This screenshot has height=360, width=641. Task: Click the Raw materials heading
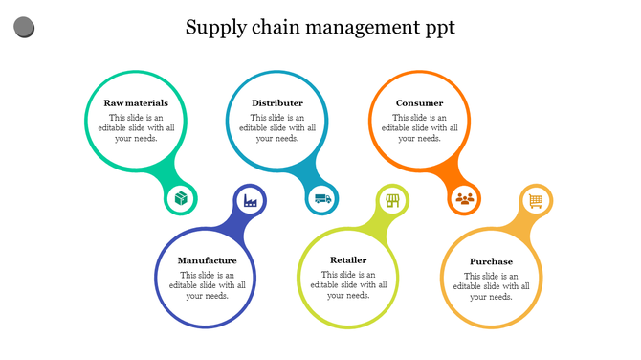[136, 103]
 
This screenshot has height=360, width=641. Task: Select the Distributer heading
[277, 103]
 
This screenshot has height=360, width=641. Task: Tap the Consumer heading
[420, 103]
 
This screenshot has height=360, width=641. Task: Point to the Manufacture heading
[208, 260]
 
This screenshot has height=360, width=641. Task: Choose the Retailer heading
[348, 260]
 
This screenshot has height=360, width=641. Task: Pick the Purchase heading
[491, 261]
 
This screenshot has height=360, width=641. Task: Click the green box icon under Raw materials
[180, 199]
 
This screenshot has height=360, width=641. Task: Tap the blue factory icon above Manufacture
[251, 200]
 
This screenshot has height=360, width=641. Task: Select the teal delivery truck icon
[322, 199]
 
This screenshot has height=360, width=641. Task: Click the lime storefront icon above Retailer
[392, 200]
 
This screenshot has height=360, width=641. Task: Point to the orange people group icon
[464, 199]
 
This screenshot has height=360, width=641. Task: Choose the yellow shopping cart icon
[535, 200]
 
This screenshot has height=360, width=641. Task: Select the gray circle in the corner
[25, 28]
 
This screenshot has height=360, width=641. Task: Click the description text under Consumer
[420, 127]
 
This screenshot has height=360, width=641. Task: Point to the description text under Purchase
[491, 285]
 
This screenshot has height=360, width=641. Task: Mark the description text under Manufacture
[208, 285]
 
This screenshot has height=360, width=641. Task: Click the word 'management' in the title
[361, 28]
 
